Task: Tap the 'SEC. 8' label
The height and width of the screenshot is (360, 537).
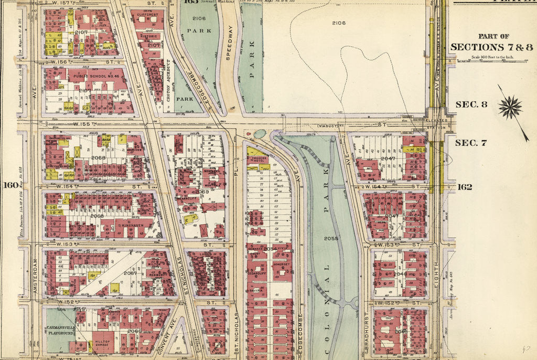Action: (x=471, y=104)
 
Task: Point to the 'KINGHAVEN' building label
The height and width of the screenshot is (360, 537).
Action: (x=131, y=224)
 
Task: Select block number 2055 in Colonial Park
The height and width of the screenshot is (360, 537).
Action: (x=331, y=238)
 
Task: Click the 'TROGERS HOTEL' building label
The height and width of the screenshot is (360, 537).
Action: (x=259, y=160)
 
